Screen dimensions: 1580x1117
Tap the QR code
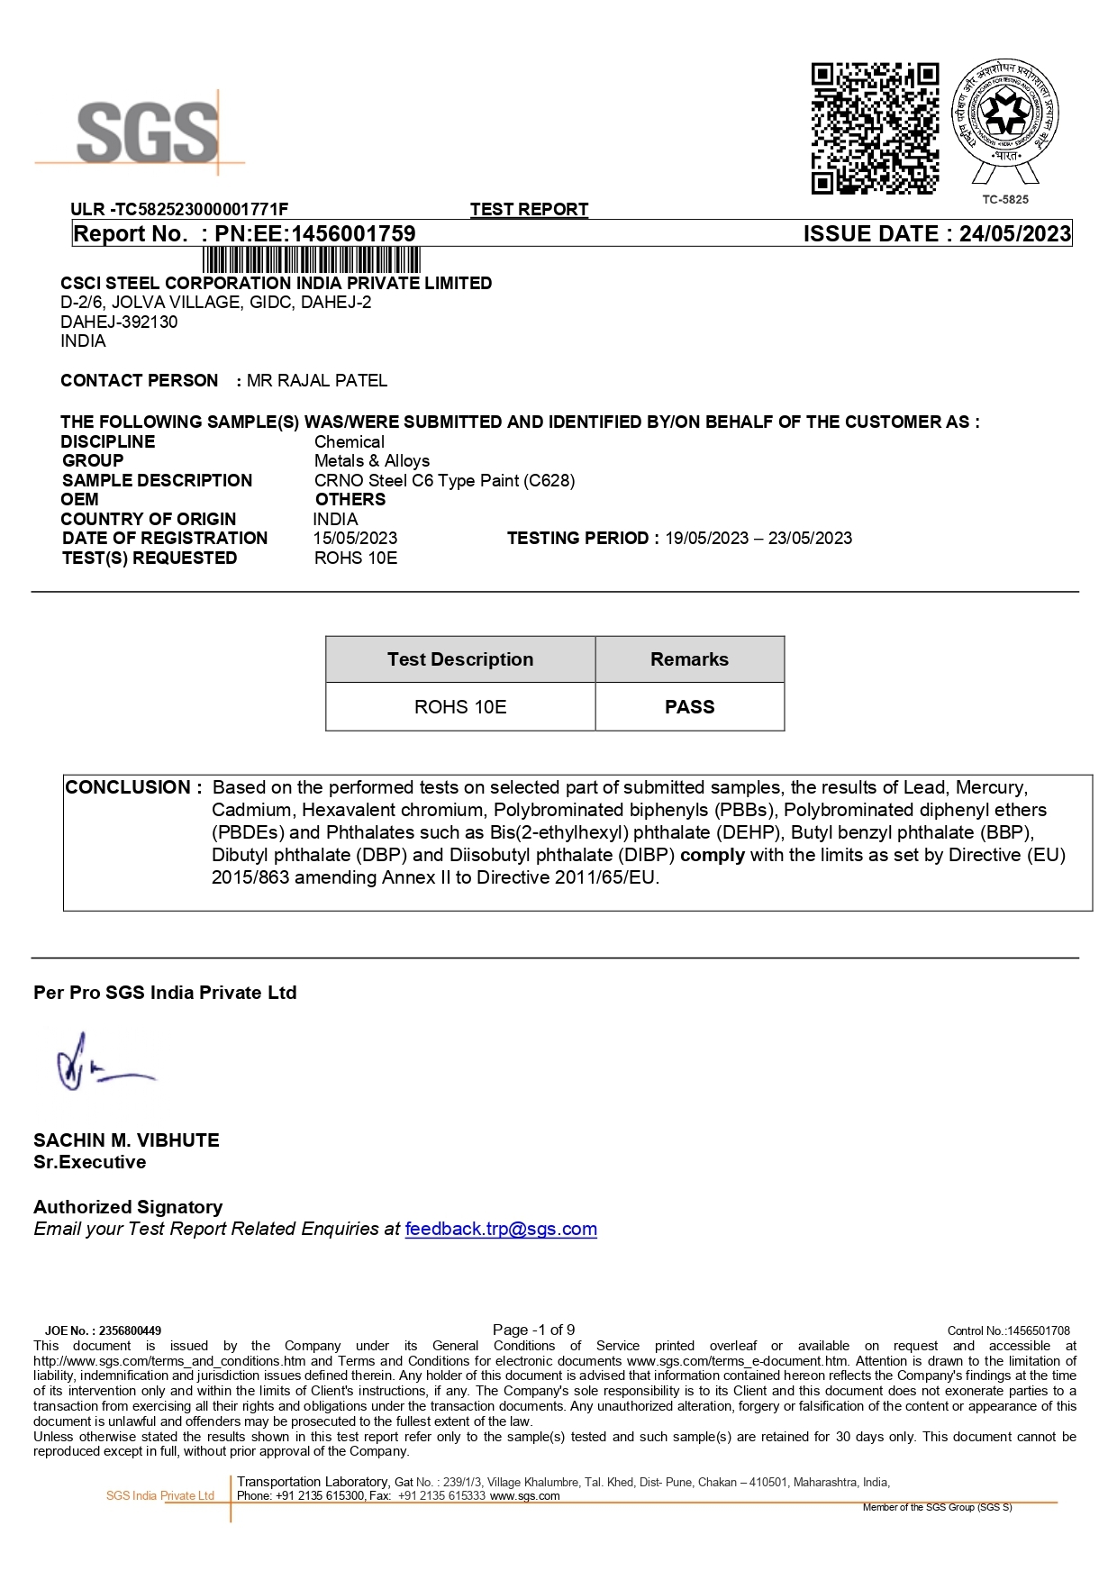[x=875, y=128]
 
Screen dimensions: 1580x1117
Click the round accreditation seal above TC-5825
[x=1005, y=113]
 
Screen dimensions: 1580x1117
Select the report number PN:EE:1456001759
[x=314, y=234]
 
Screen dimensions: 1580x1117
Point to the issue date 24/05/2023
[x=1014, y=234]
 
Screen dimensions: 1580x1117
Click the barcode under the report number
[x=312, y=260]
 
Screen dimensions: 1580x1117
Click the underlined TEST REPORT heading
[x=529, y=210]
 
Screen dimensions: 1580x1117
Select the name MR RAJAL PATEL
[x=317, y=381]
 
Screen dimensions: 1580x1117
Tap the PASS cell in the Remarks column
[x=689, y=707]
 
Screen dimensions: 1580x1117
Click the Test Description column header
[x=460, y=659]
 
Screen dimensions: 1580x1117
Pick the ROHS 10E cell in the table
[x=460, y=707]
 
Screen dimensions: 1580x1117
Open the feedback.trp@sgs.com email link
[x=501, y=1230]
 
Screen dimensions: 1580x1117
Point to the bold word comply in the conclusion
[x=713, y=855]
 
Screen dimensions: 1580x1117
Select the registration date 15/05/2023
[x=355, y=539]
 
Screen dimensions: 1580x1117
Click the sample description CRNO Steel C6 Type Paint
[x=444, y=481]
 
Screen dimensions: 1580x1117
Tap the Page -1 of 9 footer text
[x=533, y=1330]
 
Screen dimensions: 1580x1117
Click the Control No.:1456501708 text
[x=1008, y=1330]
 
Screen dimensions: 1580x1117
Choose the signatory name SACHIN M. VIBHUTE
[x=126, y=1140]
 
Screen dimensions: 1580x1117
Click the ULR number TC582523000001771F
[x=201, y=210]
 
